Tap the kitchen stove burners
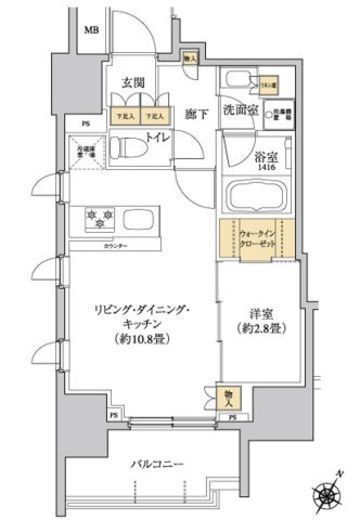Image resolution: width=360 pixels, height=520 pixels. pyautogui.click(x=101, y=216)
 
